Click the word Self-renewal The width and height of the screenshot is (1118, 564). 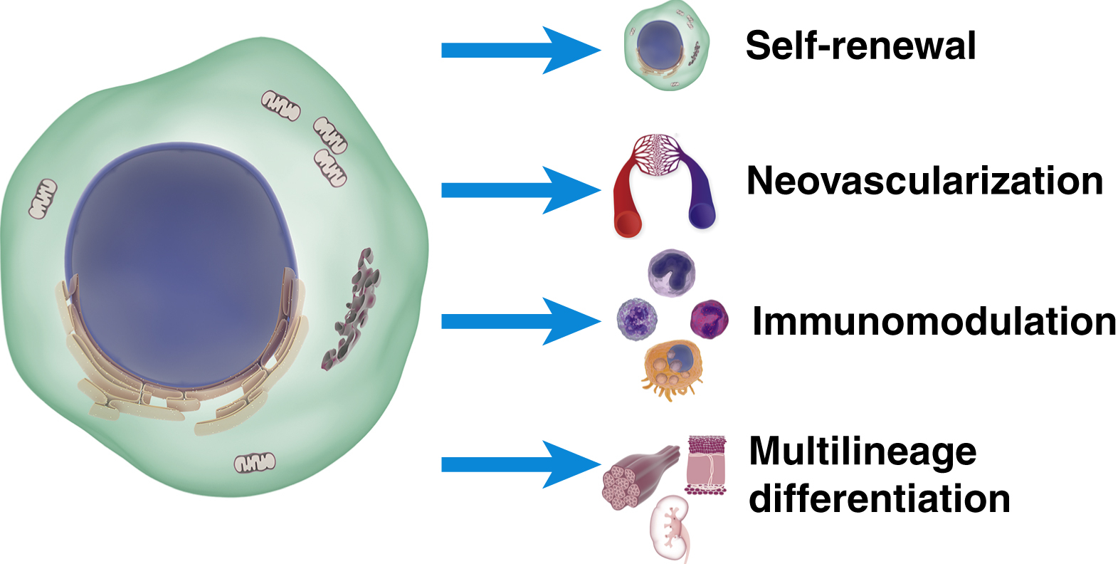tap(860, 46)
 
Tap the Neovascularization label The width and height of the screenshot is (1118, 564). tap(924, 181)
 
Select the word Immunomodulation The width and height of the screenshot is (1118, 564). tap(934, 321)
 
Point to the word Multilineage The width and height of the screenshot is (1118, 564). tap(863, 451)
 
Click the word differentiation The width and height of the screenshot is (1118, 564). tap(880, 498)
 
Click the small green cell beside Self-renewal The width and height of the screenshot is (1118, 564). tap(666, 46)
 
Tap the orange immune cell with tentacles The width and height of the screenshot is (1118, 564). tap(673, 367)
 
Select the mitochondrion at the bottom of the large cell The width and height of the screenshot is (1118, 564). tap(255, 463)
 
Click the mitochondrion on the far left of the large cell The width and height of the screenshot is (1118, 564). tap(43, 199)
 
